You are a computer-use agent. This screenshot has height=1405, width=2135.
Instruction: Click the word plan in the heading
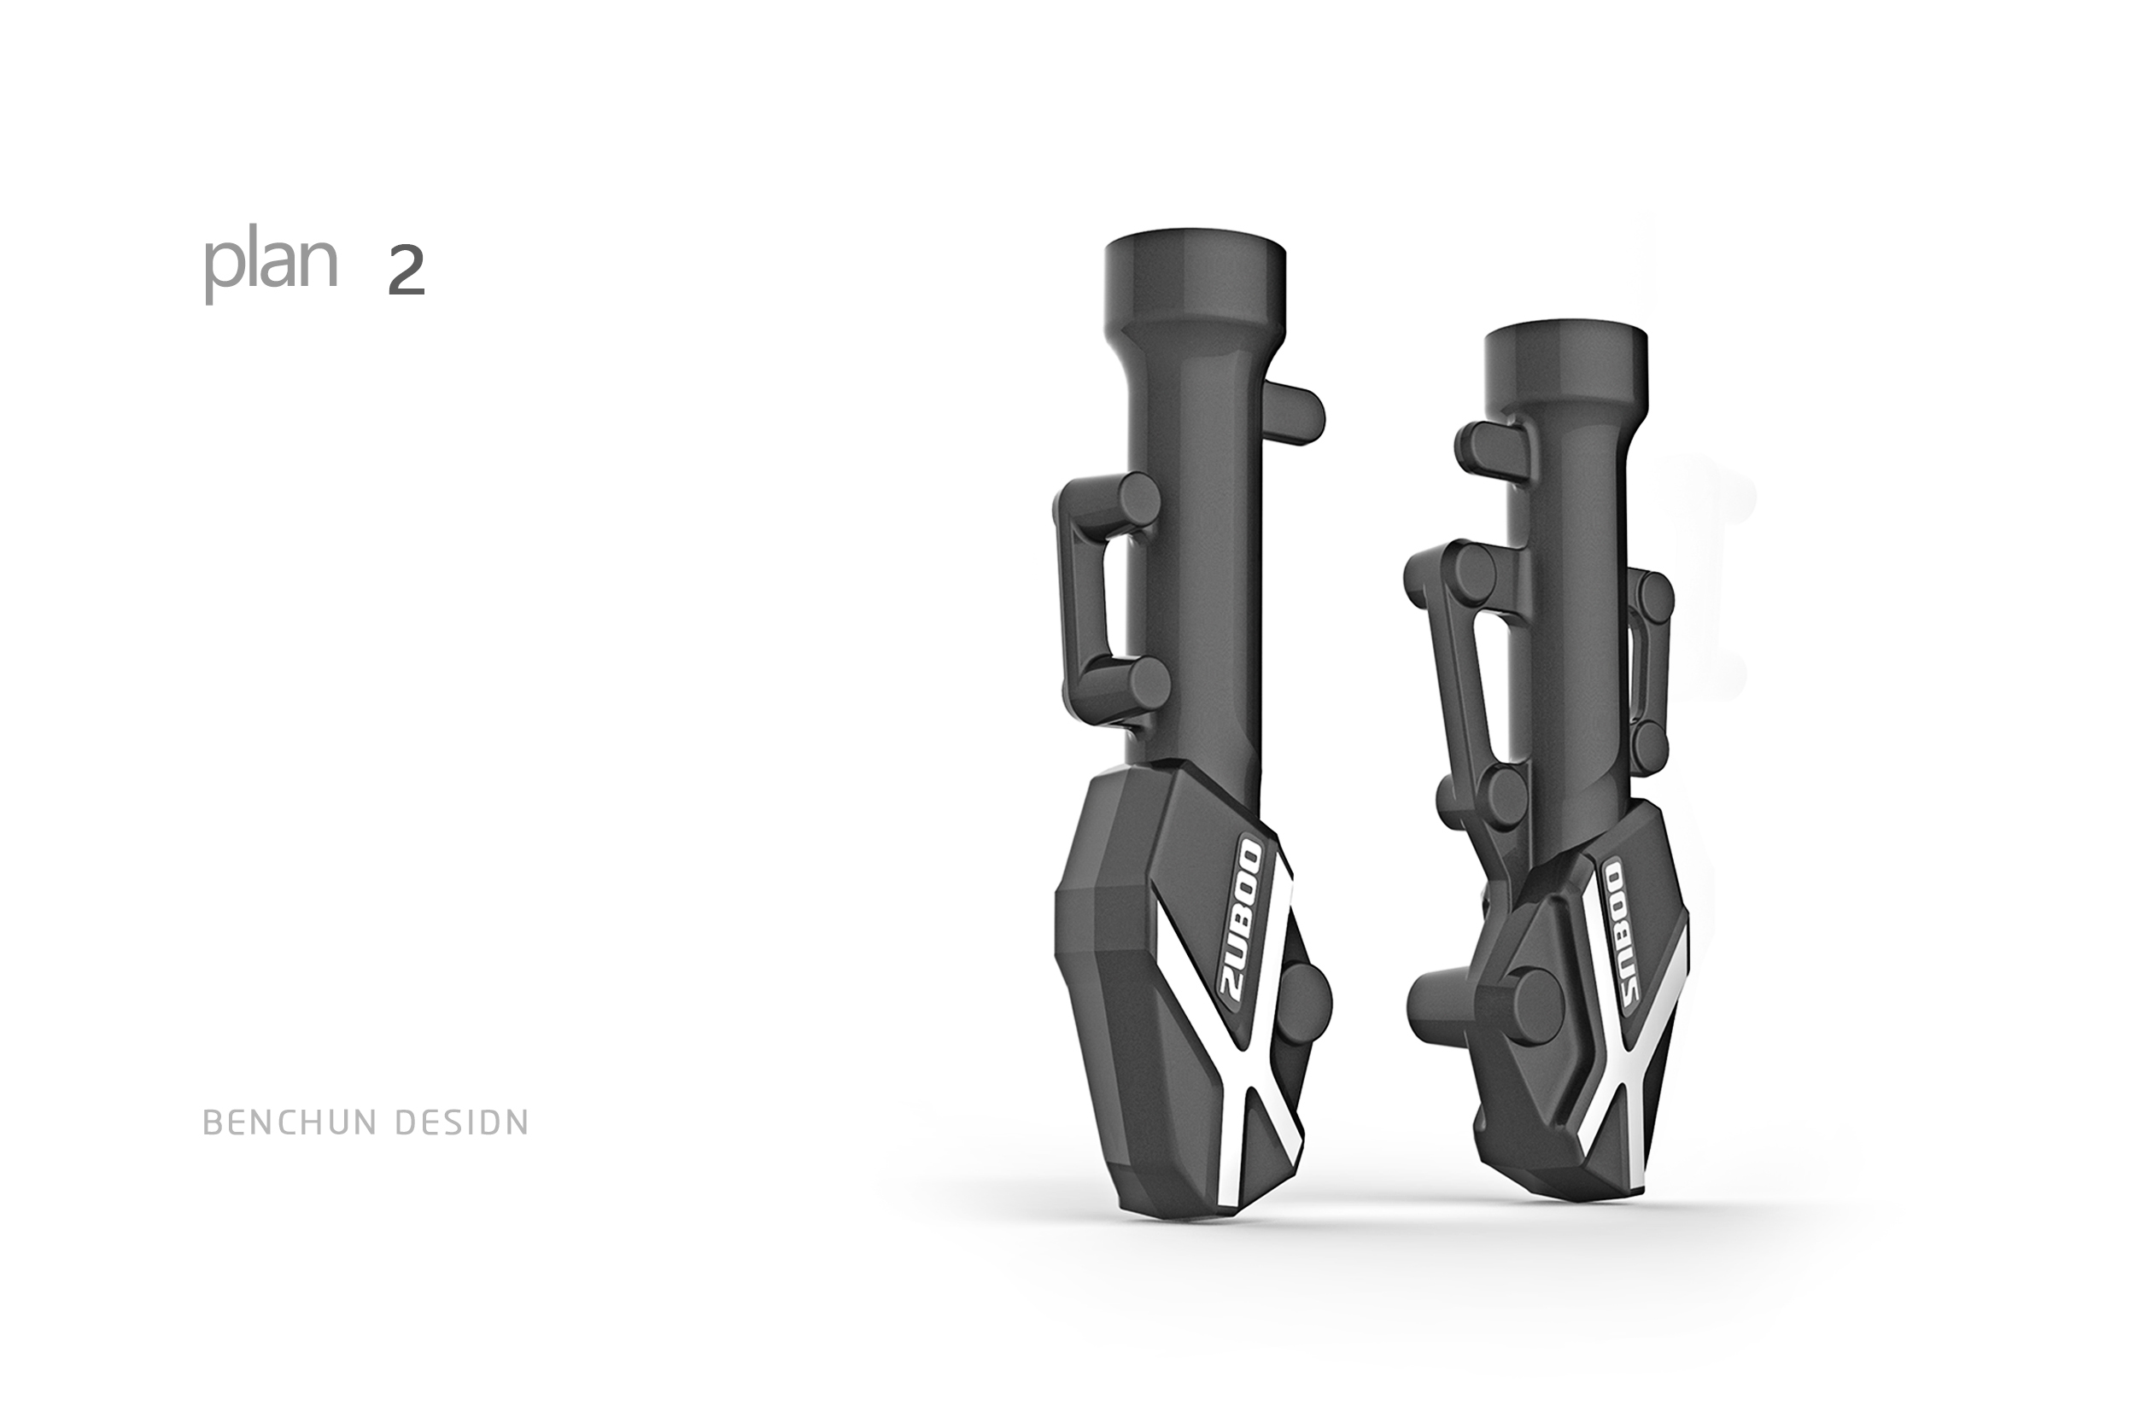tap(270, 266)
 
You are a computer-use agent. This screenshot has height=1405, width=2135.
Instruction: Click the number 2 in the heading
tap(406, 271)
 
